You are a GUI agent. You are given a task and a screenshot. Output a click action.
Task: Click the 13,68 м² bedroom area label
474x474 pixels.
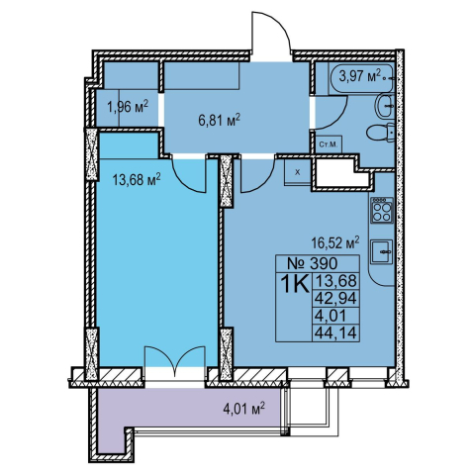coord(137,180)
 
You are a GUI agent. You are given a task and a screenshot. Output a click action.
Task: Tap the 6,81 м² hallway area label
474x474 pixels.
coord(219,121)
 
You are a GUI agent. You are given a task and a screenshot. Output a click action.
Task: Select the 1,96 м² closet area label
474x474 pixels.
coord(128,107)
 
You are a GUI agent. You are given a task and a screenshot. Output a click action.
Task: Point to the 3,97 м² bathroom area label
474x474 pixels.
coord(360,76)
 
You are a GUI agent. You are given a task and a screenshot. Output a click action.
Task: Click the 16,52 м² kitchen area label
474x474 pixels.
coord(335,243)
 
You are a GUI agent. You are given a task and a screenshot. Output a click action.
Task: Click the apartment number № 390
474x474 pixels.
coord(313,263)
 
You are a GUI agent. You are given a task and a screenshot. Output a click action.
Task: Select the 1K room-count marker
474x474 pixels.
coord(295,284)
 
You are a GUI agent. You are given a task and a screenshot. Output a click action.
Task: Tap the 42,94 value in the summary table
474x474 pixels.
coord(335,299)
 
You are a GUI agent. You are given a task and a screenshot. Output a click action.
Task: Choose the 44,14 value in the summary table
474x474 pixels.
coord(335,333)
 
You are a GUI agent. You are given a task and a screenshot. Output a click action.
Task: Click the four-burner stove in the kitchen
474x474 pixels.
coord(382,210)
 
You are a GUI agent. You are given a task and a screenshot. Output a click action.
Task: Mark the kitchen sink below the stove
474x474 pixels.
coord(382,251)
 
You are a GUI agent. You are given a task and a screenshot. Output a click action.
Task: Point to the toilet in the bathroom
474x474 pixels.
coord(381,134)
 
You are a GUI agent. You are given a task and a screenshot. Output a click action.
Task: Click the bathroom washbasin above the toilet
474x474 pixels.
coord(385,105)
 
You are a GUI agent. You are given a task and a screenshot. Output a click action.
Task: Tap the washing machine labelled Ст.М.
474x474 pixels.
coord(329,144)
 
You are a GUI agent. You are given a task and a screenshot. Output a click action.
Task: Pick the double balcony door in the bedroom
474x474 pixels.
coord(175,358)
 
